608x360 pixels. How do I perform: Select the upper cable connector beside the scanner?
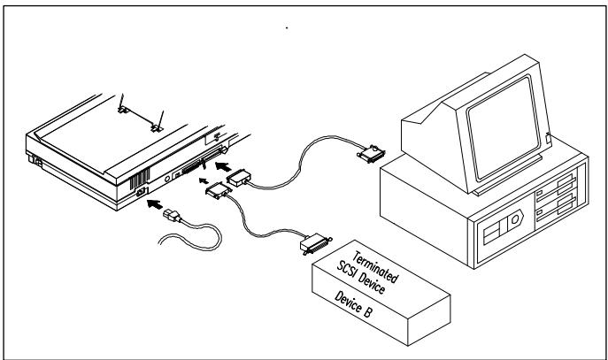pos(239,179)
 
